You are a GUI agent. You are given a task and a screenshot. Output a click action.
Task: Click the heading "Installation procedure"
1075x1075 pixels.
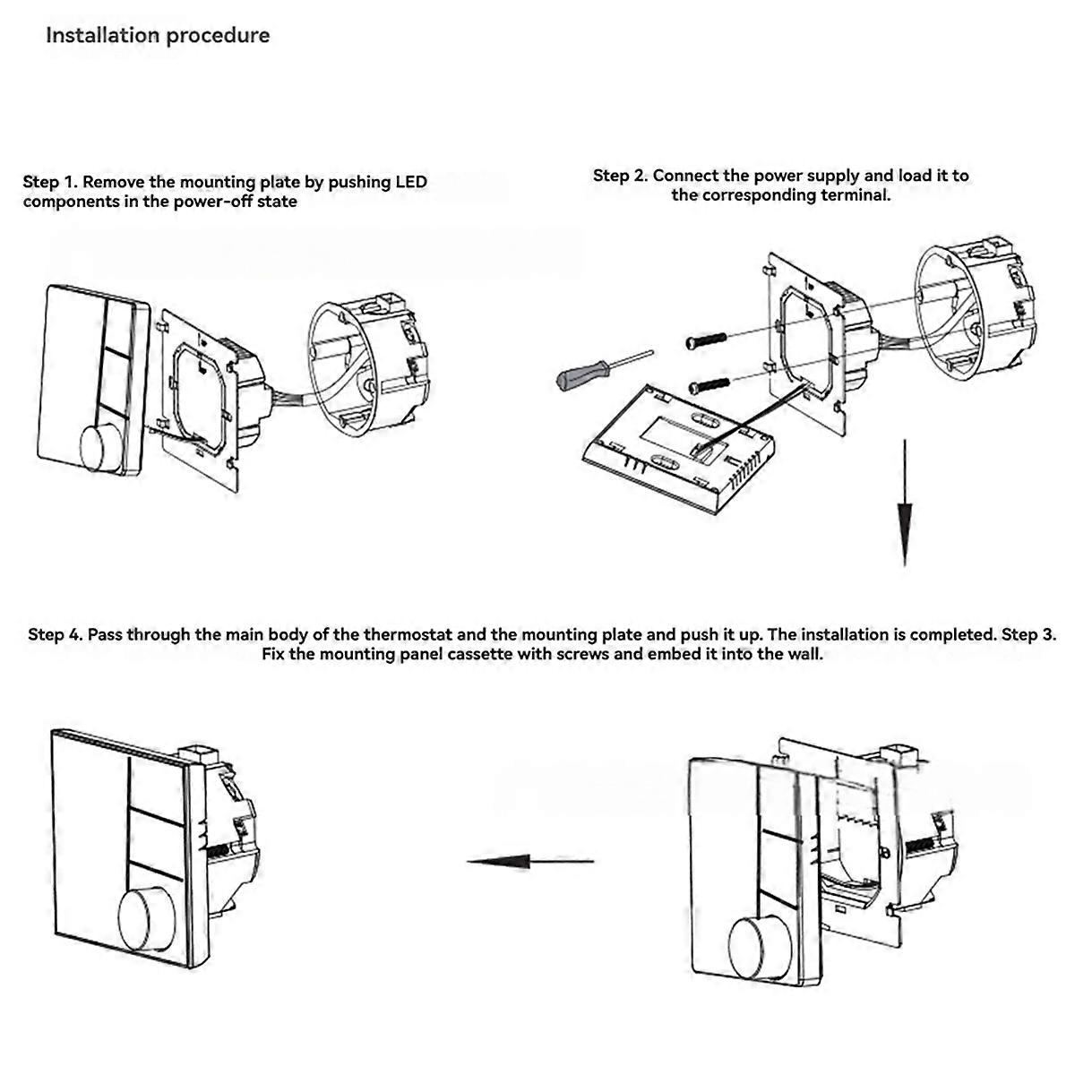click(x=158, y=36)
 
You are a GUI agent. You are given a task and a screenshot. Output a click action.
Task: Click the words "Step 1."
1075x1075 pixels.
click(x=50, y=182)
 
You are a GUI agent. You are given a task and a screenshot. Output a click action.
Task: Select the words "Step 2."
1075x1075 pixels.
click(x=620, y=176)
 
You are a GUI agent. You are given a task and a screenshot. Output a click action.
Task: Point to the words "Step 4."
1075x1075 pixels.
click(x=56, y=635)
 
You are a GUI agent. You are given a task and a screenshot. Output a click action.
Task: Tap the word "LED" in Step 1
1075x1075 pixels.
click(x=411, y=182)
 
